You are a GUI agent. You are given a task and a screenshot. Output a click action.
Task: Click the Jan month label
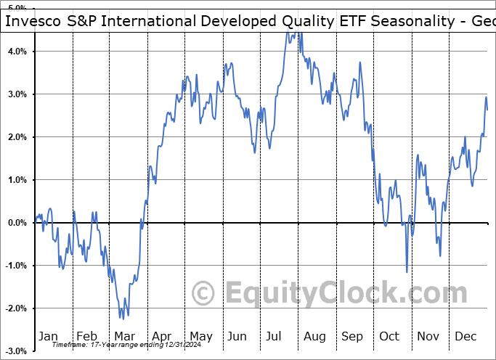point(47,336)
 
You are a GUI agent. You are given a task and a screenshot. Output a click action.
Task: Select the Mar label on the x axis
point(124,336)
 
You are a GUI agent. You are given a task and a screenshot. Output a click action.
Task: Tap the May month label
point(200,336)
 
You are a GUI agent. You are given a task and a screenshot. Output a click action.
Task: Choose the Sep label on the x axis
point(352,336)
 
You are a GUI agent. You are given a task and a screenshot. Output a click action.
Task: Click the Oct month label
point(389,336)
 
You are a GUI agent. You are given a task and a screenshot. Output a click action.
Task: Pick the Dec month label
point(465,336)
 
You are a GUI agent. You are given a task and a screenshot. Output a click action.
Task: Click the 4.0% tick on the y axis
point(17,52)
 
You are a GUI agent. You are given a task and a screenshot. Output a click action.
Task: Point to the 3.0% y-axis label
point(17,94)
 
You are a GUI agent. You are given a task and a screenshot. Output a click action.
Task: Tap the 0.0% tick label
point(17,223)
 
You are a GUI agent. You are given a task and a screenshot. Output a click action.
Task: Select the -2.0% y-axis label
point(15,308)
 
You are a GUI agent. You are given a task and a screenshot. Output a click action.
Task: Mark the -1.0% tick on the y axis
point(15,266)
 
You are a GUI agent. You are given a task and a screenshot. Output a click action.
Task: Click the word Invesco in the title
point(33,21)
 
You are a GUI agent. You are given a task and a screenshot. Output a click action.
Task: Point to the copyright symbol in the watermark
point(203,293)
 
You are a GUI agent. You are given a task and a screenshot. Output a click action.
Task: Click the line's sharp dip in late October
point(407,272)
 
